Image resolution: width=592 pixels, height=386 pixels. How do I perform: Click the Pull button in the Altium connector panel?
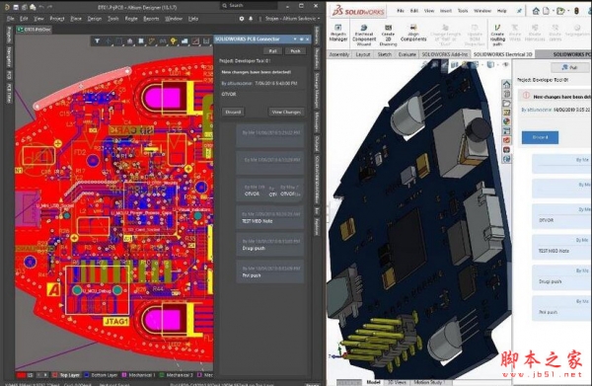coord(272,50)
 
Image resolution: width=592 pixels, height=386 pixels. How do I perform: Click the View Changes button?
coord(286,112)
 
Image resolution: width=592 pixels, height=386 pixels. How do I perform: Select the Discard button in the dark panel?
coord(233,112)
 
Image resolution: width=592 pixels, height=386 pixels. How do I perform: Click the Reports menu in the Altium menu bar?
coord(151,18)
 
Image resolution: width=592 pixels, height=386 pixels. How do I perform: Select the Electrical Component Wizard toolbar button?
coord(366,37)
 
